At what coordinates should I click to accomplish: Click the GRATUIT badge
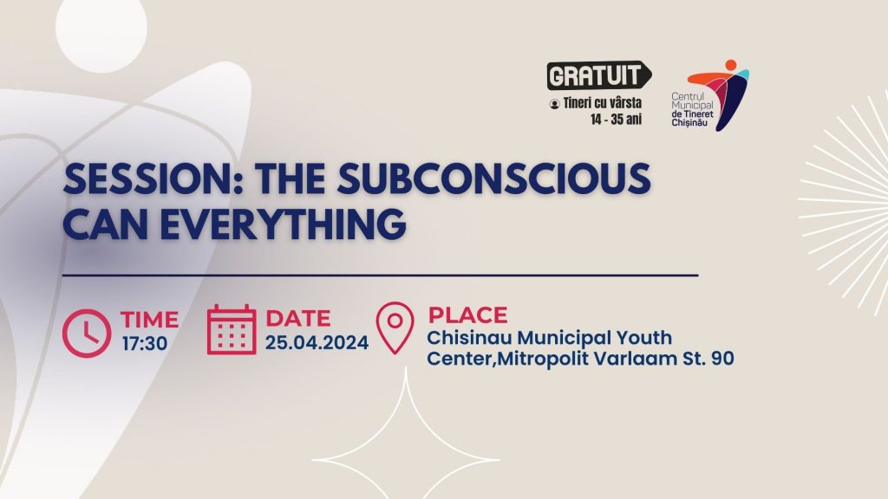pos(598,75)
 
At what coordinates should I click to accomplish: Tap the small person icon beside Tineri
pos(554,104)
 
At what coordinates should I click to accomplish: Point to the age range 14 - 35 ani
pos(617,120)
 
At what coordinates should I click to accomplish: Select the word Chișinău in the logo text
pos(689,123)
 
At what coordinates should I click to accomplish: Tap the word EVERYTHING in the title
pos(284,224)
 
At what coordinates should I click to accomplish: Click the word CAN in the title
pos(107,224)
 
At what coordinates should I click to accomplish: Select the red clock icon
pos(87,334)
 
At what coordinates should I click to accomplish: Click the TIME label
pos(149,320)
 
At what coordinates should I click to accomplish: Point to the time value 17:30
pos(145,343)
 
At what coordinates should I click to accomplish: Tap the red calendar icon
pos(231,330)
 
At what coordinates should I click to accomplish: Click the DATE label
pos(298,319)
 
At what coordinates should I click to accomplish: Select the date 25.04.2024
pos(317,342)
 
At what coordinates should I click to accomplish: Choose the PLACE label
pos(467,315)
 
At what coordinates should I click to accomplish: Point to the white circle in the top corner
pos(101,29)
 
